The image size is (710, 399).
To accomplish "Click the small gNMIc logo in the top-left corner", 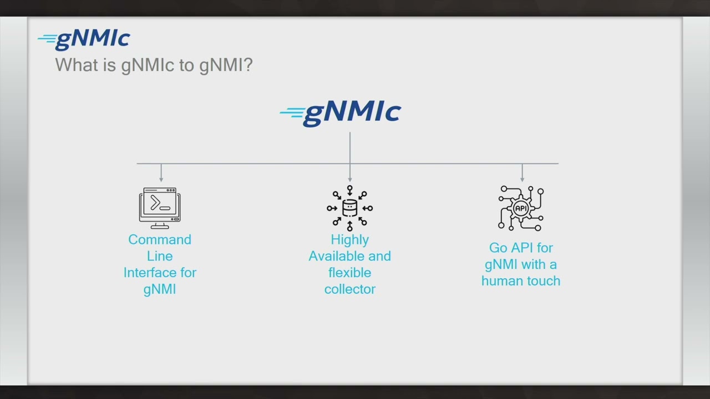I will point(84,39).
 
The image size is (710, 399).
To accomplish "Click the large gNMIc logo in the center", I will point(341,113).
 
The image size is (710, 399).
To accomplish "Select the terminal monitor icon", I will point(160,208).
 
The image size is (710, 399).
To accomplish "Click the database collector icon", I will point(349,208).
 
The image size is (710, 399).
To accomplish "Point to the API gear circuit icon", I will point(521,208).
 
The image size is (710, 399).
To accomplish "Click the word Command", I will point(160,239).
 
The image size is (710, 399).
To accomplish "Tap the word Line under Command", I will point(160,256).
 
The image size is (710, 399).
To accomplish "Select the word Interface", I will point(145,273).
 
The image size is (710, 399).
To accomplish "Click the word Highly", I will point(349,239).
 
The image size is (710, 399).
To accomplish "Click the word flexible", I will point(349,273).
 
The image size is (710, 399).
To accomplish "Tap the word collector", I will point(349,289).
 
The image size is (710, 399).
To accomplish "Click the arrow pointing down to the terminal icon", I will point(161,177).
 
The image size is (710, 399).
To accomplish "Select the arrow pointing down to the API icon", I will point(522,177).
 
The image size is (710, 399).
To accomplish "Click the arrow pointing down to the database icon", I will point(350,177).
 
